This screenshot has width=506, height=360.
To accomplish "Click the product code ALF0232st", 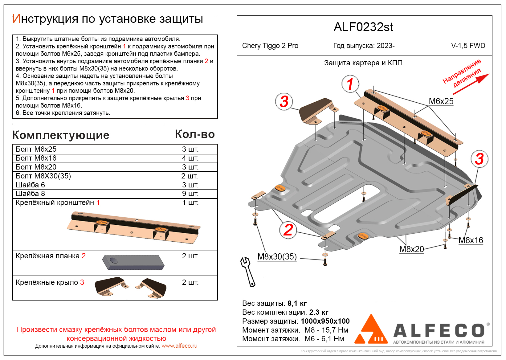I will coord(363,27).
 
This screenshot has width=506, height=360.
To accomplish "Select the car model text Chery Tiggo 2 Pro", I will coord(270,46).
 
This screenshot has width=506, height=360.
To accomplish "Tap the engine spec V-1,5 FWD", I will coord(468,46).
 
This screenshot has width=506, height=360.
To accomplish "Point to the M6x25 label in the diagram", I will coord(441,101).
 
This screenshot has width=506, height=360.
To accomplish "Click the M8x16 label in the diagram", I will coord(471,240).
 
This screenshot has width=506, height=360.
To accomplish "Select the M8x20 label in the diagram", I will coord(411,249).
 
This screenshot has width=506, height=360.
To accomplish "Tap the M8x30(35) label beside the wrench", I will coord(277,256).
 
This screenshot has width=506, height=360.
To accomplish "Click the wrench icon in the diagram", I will coord(248,272).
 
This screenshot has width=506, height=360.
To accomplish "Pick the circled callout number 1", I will coord(350,84).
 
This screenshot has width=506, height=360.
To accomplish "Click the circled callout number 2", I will coord(288,230).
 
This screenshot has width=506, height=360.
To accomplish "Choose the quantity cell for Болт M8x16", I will coord(190,158).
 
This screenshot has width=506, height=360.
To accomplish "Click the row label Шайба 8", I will coord(30,194).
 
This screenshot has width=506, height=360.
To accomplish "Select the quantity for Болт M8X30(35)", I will coord(190,176).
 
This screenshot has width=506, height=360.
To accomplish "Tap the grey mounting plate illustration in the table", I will coord(133,262).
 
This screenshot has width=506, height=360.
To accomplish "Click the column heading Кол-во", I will coord(195,134).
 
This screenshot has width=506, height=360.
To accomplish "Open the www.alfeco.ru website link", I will coord(179,346).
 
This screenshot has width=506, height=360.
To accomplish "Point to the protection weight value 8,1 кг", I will coord(297,303).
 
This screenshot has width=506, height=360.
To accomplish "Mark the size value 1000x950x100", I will coord(325,321).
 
